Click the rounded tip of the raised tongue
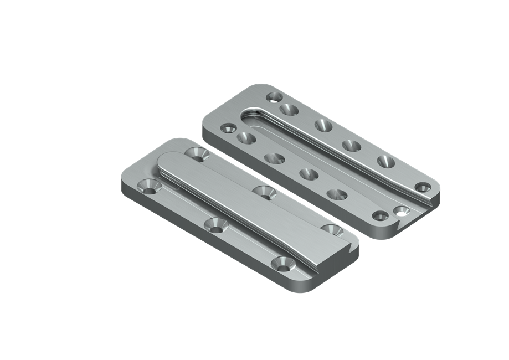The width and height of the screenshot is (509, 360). pyautogui.click(x=166, y=161)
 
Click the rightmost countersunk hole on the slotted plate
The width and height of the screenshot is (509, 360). pyautogui.click(x=423, y=187)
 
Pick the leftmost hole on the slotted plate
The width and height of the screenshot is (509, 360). pyautogui.click(x=228, y=128)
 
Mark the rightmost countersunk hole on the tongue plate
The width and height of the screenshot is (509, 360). pyautogui.click(x=331, y=229)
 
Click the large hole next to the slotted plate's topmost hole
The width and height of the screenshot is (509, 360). pyautogui.click(x=288, y=109)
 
